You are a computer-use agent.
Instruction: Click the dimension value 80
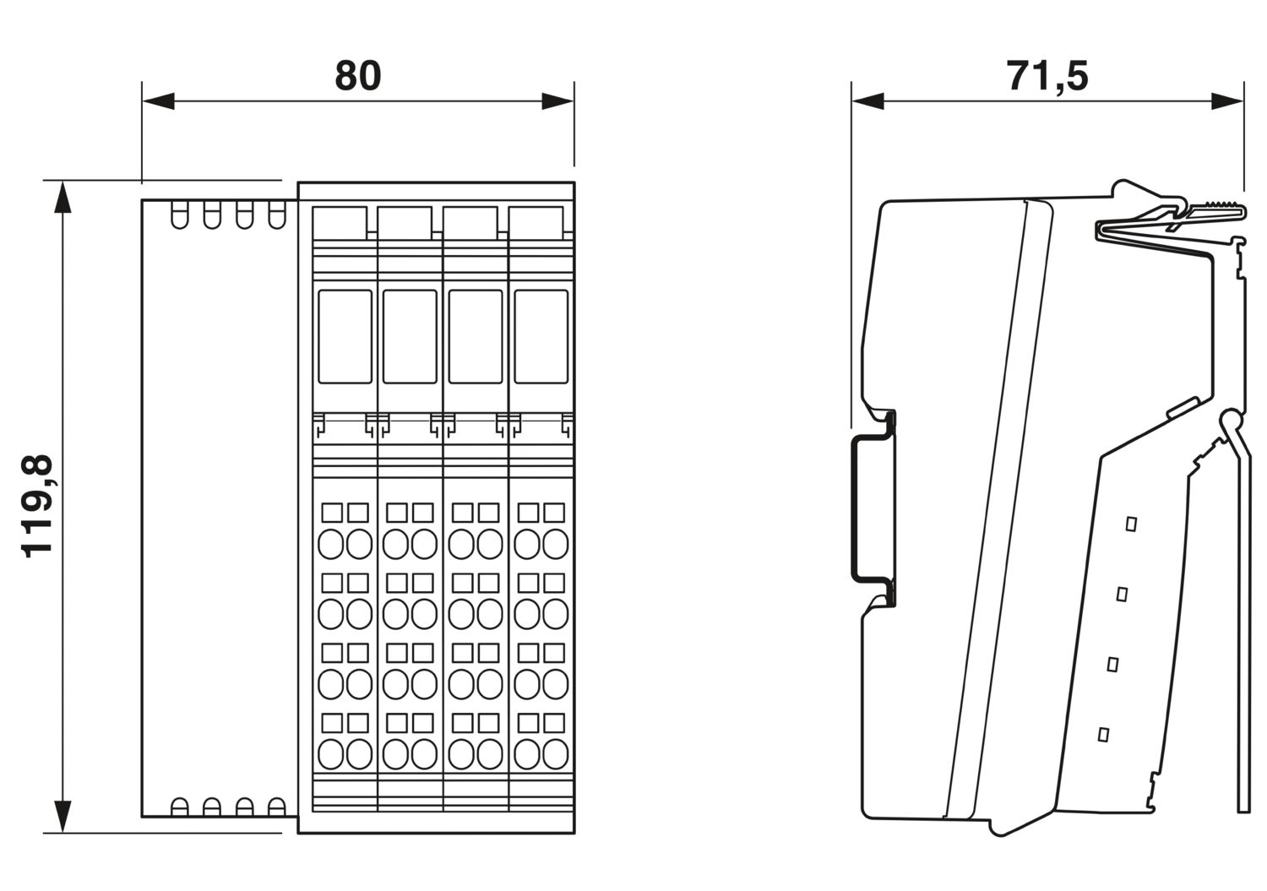[358, 75]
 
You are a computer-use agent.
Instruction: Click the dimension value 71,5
[1047, 75]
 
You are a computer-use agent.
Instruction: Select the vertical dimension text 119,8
[38, 506]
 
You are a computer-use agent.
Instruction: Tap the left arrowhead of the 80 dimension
[157, 102]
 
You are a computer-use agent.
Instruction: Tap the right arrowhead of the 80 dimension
[557, 102]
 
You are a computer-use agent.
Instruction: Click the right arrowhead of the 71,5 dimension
[1227, 101]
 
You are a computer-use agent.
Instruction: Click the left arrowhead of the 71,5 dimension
[867, 101]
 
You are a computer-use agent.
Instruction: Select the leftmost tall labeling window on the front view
[345, 336]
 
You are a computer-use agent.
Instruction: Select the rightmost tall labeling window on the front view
[541, 336]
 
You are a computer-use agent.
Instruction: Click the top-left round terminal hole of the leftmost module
[332, 544]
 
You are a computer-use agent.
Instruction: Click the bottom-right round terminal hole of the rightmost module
[555, 753]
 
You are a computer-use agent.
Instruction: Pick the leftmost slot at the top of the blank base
[179, 215]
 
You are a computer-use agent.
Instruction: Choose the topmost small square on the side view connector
[1131, 524]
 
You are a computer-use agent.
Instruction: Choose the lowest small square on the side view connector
[1102, 734]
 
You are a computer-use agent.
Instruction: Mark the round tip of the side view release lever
[1232, 420]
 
